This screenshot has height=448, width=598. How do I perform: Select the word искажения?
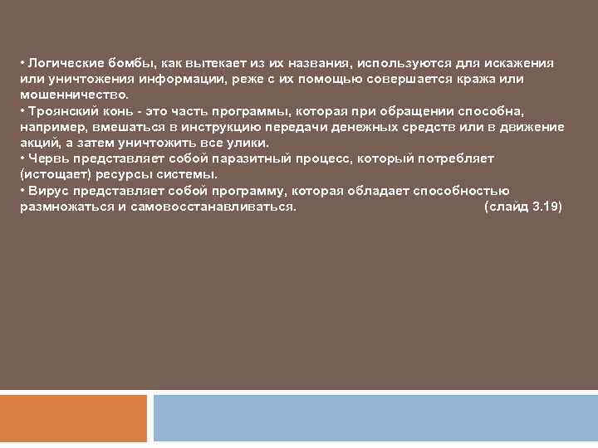tap(522, 64)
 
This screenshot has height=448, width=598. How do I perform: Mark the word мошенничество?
tap(74, 95)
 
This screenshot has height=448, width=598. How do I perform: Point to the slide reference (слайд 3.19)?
tap(522, 207)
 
